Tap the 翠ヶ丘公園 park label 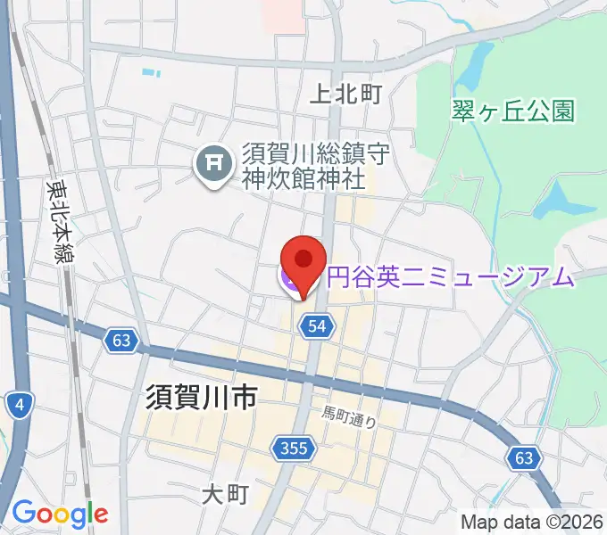pos(512,111)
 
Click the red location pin pos(303,264)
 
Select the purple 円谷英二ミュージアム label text pos(450,277)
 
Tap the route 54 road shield pos(317,327)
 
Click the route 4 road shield pos(19,407)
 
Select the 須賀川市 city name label pos(200,397)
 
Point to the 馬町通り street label pos(349,416)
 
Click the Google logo pos(60,514)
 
